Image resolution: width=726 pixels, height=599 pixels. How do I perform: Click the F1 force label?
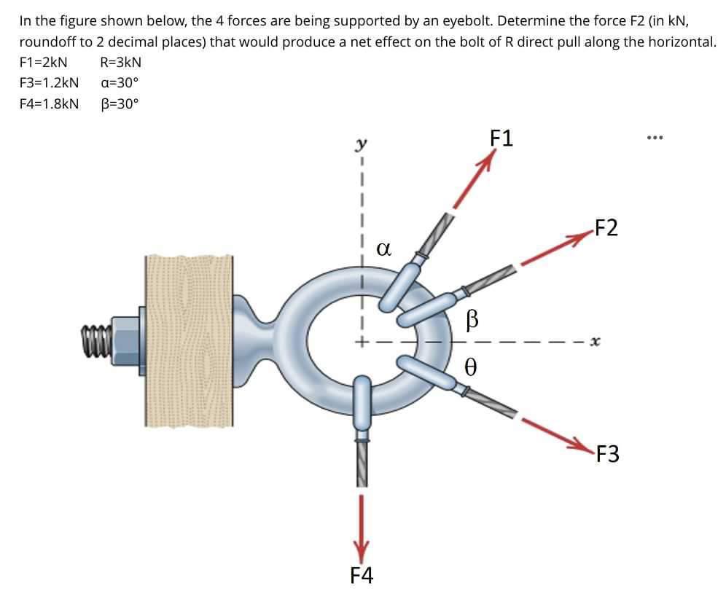click(x=501, y=138)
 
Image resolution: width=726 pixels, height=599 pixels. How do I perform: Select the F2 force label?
click(x=606, y=228)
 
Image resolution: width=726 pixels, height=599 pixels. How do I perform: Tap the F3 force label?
click(x=606, y=455)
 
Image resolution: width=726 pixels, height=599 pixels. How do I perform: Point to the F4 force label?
click(x=362, y=576)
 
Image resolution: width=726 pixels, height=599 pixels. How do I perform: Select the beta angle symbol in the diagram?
click(x=472, y=318)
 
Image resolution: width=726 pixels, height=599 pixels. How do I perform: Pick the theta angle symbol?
click(x=472, y=365)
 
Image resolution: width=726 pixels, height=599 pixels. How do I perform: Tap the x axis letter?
click(x=596, y=340)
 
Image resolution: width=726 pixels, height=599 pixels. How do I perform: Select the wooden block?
click(x=190, y=340)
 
